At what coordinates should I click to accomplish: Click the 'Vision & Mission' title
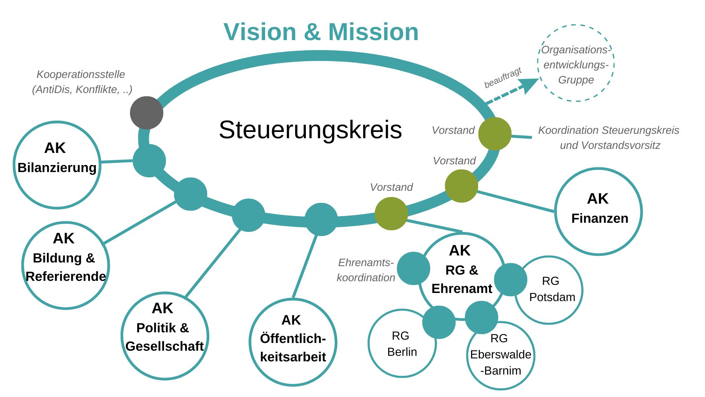click(x=321, y=32)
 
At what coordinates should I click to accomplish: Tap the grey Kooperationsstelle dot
click(x=147, y=113)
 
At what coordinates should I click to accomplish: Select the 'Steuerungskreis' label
click(x=310, y=130)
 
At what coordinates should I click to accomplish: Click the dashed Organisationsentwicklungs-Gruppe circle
click(x=576, y=63)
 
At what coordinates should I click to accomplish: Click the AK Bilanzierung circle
click(x=57, y=165)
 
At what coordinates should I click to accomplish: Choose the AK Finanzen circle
click(x=598, y=211)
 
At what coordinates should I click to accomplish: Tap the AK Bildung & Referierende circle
click(x=65, y=265)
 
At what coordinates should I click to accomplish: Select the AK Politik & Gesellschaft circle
click(x=165, y=336)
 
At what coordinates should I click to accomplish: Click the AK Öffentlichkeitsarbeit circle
click(x=293, y=342)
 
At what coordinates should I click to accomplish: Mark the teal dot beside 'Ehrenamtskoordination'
click(x=413, y=268)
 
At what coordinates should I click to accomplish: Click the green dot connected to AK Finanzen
click(x=461, y=186)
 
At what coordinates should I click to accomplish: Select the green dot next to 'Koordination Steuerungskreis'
click(x=495, y=134)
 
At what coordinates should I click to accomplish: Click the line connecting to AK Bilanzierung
click(x=117, y=161)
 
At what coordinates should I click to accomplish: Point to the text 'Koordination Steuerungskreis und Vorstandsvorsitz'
click(x=609, y=137)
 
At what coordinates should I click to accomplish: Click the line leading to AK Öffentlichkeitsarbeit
click(x=305, y=267)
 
